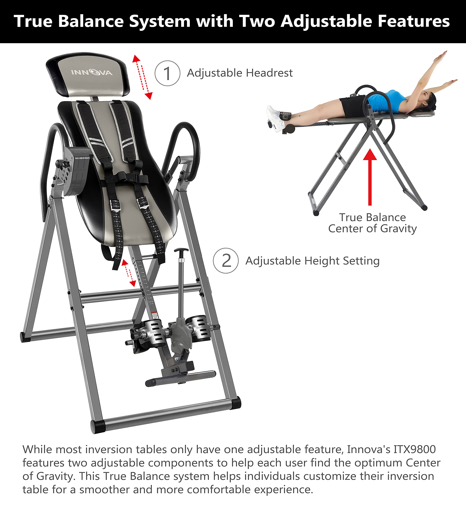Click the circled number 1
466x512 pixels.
click(x=167, y=73)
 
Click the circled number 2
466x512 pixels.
click(x=226, y=261)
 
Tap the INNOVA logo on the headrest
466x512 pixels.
click(x=92, y=73)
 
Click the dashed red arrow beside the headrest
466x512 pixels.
click(x=142, y=77)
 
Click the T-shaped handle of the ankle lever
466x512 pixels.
click(x=181, y=250)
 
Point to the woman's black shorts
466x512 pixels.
click(x=353, y=105)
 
